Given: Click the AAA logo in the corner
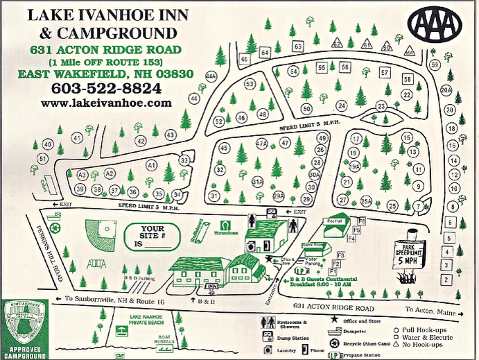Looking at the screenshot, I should pos(435,24).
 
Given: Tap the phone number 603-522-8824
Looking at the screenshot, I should pos(106,88).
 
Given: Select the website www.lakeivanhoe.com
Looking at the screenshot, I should pos(105,103).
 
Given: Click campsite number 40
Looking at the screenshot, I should pos(47,144).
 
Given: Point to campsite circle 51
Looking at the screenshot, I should pos(42,160).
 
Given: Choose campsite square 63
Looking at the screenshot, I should pos(297,46).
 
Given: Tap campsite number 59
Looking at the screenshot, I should pos(435,65).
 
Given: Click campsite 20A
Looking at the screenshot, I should pos(446,90).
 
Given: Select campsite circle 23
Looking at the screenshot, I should pos(381,106).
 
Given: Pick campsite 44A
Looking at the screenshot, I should pos(211,76).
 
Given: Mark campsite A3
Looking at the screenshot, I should pos(82,174).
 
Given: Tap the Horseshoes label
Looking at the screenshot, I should pos(226,230).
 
